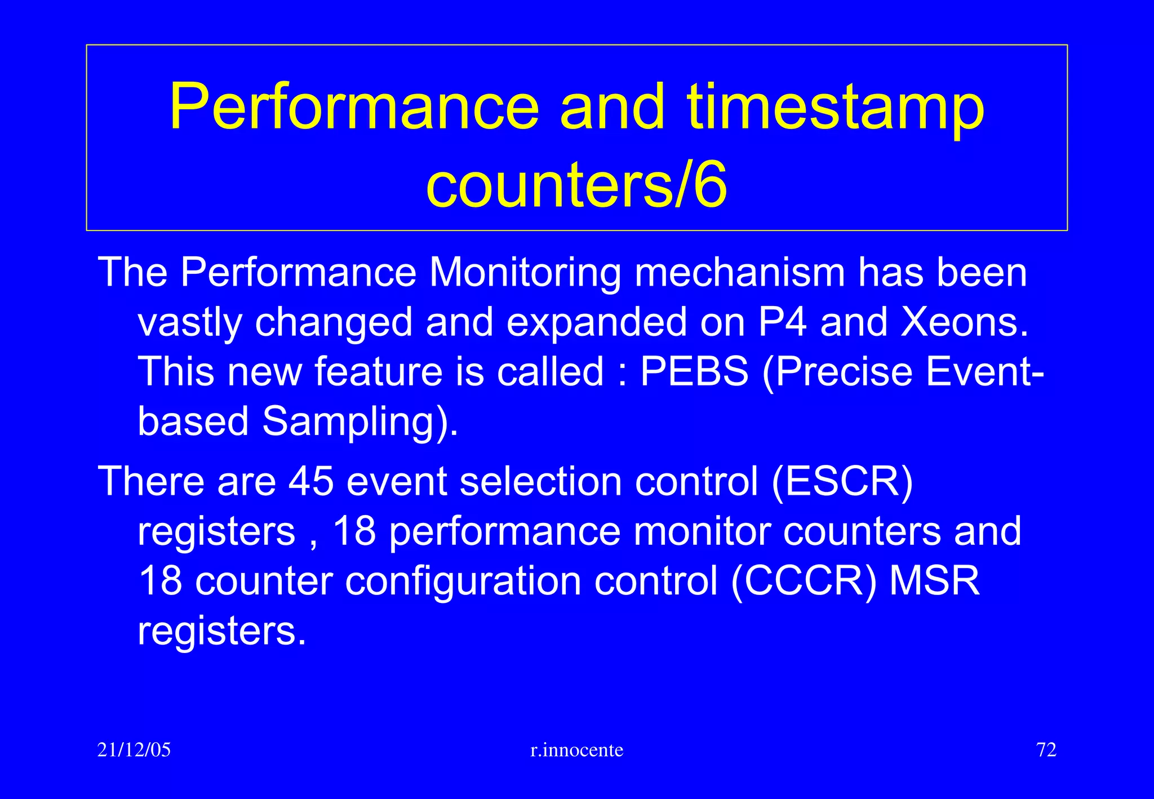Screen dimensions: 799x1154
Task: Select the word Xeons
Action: (964, 322)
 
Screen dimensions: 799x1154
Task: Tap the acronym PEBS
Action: (694, 372)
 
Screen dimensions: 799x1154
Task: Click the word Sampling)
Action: (361, 421)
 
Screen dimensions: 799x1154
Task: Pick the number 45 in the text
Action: (312, 482)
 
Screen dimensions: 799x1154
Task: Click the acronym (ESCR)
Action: (842, 482)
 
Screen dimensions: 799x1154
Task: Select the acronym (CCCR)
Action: (804, 581)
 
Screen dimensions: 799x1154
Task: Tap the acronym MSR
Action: (935, 581)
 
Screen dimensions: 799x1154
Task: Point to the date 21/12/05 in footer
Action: (134, 750)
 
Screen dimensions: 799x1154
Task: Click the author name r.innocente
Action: (577, 750)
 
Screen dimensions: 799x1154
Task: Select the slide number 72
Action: (1046, 750)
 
